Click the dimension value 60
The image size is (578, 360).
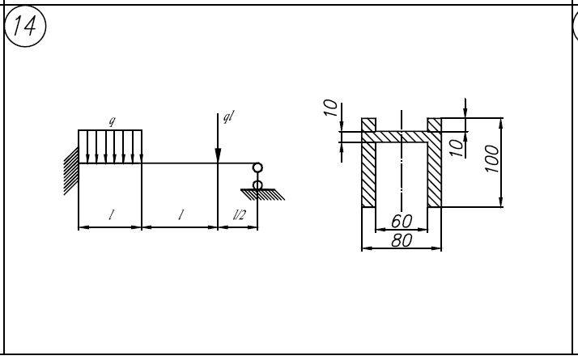click(402, 222)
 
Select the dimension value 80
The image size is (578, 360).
click(402, 240)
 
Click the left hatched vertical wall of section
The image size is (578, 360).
click(368, 174)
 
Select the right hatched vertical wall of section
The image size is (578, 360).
click(434, 174)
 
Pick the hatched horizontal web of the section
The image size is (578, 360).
click(402, 137)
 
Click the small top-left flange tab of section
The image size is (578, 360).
click(368, 125)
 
